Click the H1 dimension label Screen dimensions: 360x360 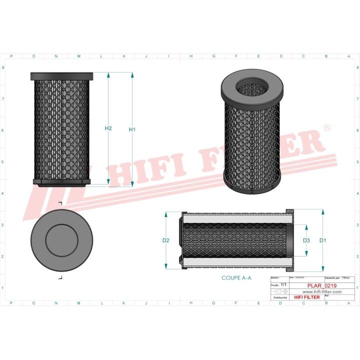tap(132, 129)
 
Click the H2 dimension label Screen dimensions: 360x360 tap(108, 128)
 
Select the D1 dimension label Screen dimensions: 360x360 tap(322, 240)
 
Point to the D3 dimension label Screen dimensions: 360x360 tap(306, 240)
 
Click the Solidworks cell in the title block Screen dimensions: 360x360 tap(278, 297)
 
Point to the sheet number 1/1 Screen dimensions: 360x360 tap(283, 284)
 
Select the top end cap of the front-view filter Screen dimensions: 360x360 tap(61, 76)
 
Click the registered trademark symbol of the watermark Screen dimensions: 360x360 tap(327, 128)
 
